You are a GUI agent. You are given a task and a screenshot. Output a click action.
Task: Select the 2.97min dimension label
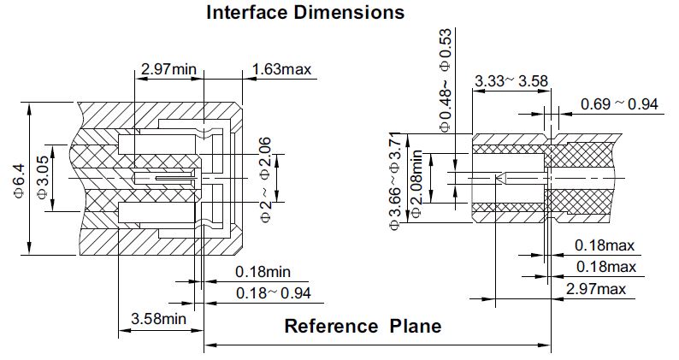pos(168,68)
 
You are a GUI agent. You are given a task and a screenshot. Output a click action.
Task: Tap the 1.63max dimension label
pos(282,68)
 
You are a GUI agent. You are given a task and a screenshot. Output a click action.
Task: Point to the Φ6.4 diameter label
pos(20,182)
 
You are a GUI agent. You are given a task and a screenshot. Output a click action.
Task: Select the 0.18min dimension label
pos(263,272)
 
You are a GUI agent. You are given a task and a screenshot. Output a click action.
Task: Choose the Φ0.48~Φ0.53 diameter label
pos(445,79)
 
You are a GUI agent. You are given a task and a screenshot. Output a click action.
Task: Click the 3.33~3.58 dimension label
pos(511,80)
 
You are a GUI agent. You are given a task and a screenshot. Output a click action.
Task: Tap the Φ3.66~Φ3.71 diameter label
pos(395,181)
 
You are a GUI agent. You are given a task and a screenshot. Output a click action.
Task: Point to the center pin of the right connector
pos(509,179)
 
